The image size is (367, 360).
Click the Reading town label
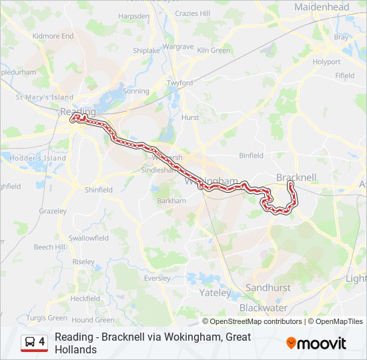point(73,111)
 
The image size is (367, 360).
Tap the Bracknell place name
point(296,177)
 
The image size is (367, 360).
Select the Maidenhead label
point(321,7)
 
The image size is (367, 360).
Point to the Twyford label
point(179,83)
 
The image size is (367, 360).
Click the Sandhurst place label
point(268,287)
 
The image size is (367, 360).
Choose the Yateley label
point(215,292)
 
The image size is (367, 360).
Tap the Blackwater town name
point(263,308)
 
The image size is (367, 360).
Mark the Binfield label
point(252,155)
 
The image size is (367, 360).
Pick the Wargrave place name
point(177,47)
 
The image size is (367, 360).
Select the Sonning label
point(136,91)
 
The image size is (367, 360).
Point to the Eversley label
point(157,278)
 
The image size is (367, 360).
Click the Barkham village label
point(170,201)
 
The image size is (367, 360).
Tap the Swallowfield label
point(88,238)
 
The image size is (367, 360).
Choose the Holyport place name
point(326,61)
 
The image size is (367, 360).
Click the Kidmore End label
point(53,36)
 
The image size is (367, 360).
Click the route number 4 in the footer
point(42,342)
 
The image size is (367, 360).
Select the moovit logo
point(316,343)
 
